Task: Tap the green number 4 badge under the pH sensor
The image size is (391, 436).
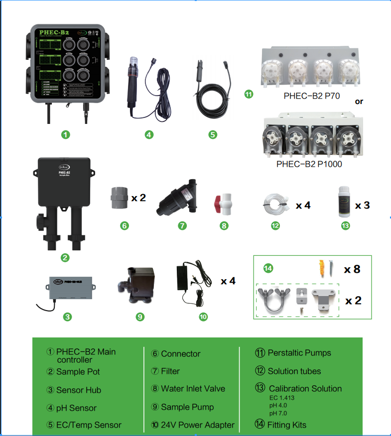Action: click(x=149, y=134)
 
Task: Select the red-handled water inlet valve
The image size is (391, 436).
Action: click(x=224, y=205)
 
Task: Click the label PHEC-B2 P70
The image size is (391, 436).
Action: click(x=312, y=96)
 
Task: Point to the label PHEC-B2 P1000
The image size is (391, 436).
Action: click(x=309, y=163)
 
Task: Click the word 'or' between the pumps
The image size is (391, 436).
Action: click(x=359, y=102)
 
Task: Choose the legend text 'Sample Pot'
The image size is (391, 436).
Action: click(x=78, y=371)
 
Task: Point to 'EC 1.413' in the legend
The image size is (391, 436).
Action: click(x=282, y=398)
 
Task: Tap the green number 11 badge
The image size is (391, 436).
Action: click(x=249, y=94)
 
